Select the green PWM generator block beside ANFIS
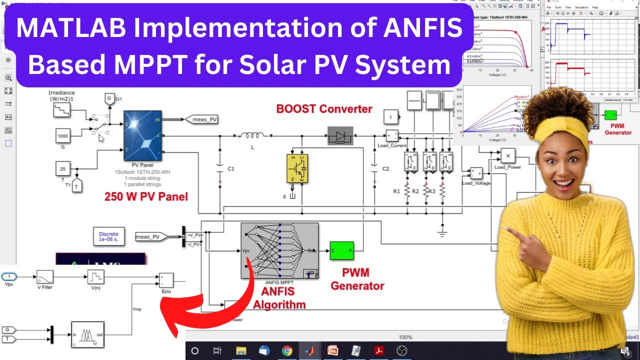click(x=341, y=250)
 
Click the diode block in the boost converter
click(x=340, y=135)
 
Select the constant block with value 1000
click(x=63, y=136)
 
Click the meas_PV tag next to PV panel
click(x=201, y=119)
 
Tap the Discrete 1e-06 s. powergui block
click(x=108, y=237)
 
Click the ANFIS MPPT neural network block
click(x=279, y=250)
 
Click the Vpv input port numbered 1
click(x=9, y=276)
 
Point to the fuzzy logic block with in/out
click(x=87, y=334)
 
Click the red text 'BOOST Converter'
click(x=324, y=108)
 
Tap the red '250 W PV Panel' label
click(x=146, y=196)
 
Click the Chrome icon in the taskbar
click(x=286, y=350)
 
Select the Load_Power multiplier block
click(x=508, y=156)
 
